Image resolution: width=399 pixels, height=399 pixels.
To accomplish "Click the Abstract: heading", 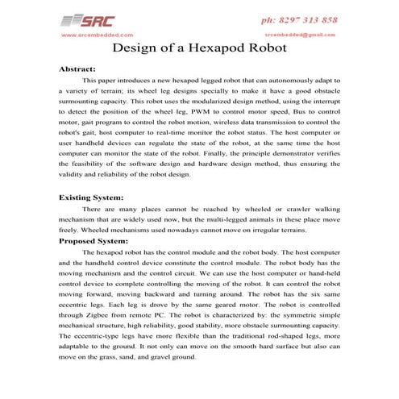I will [77, 69].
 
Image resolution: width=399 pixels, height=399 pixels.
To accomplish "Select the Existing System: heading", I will [91, 197].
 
